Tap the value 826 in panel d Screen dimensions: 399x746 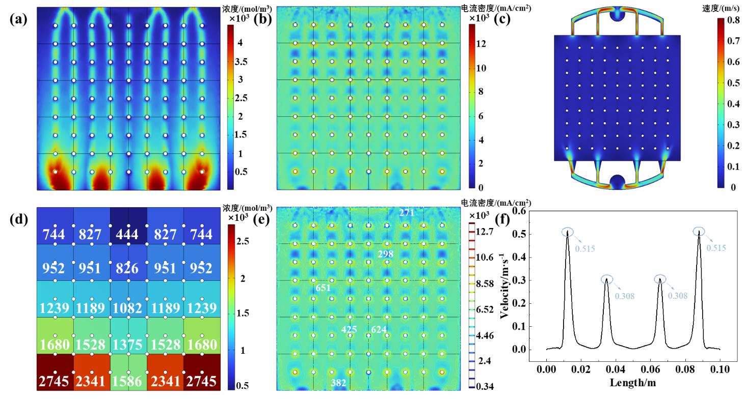127,268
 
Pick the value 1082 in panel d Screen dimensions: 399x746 127,307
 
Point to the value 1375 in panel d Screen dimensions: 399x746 127,345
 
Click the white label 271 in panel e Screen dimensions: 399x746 407,212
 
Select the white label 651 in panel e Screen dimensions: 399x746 323,288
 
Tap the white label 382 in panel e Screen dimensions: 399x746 339,383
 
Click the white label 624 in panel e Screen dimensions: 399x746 379,330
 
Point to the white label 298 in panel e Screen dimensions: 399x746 386,253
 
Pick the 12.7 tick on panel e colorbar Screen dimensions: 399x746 483,232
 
